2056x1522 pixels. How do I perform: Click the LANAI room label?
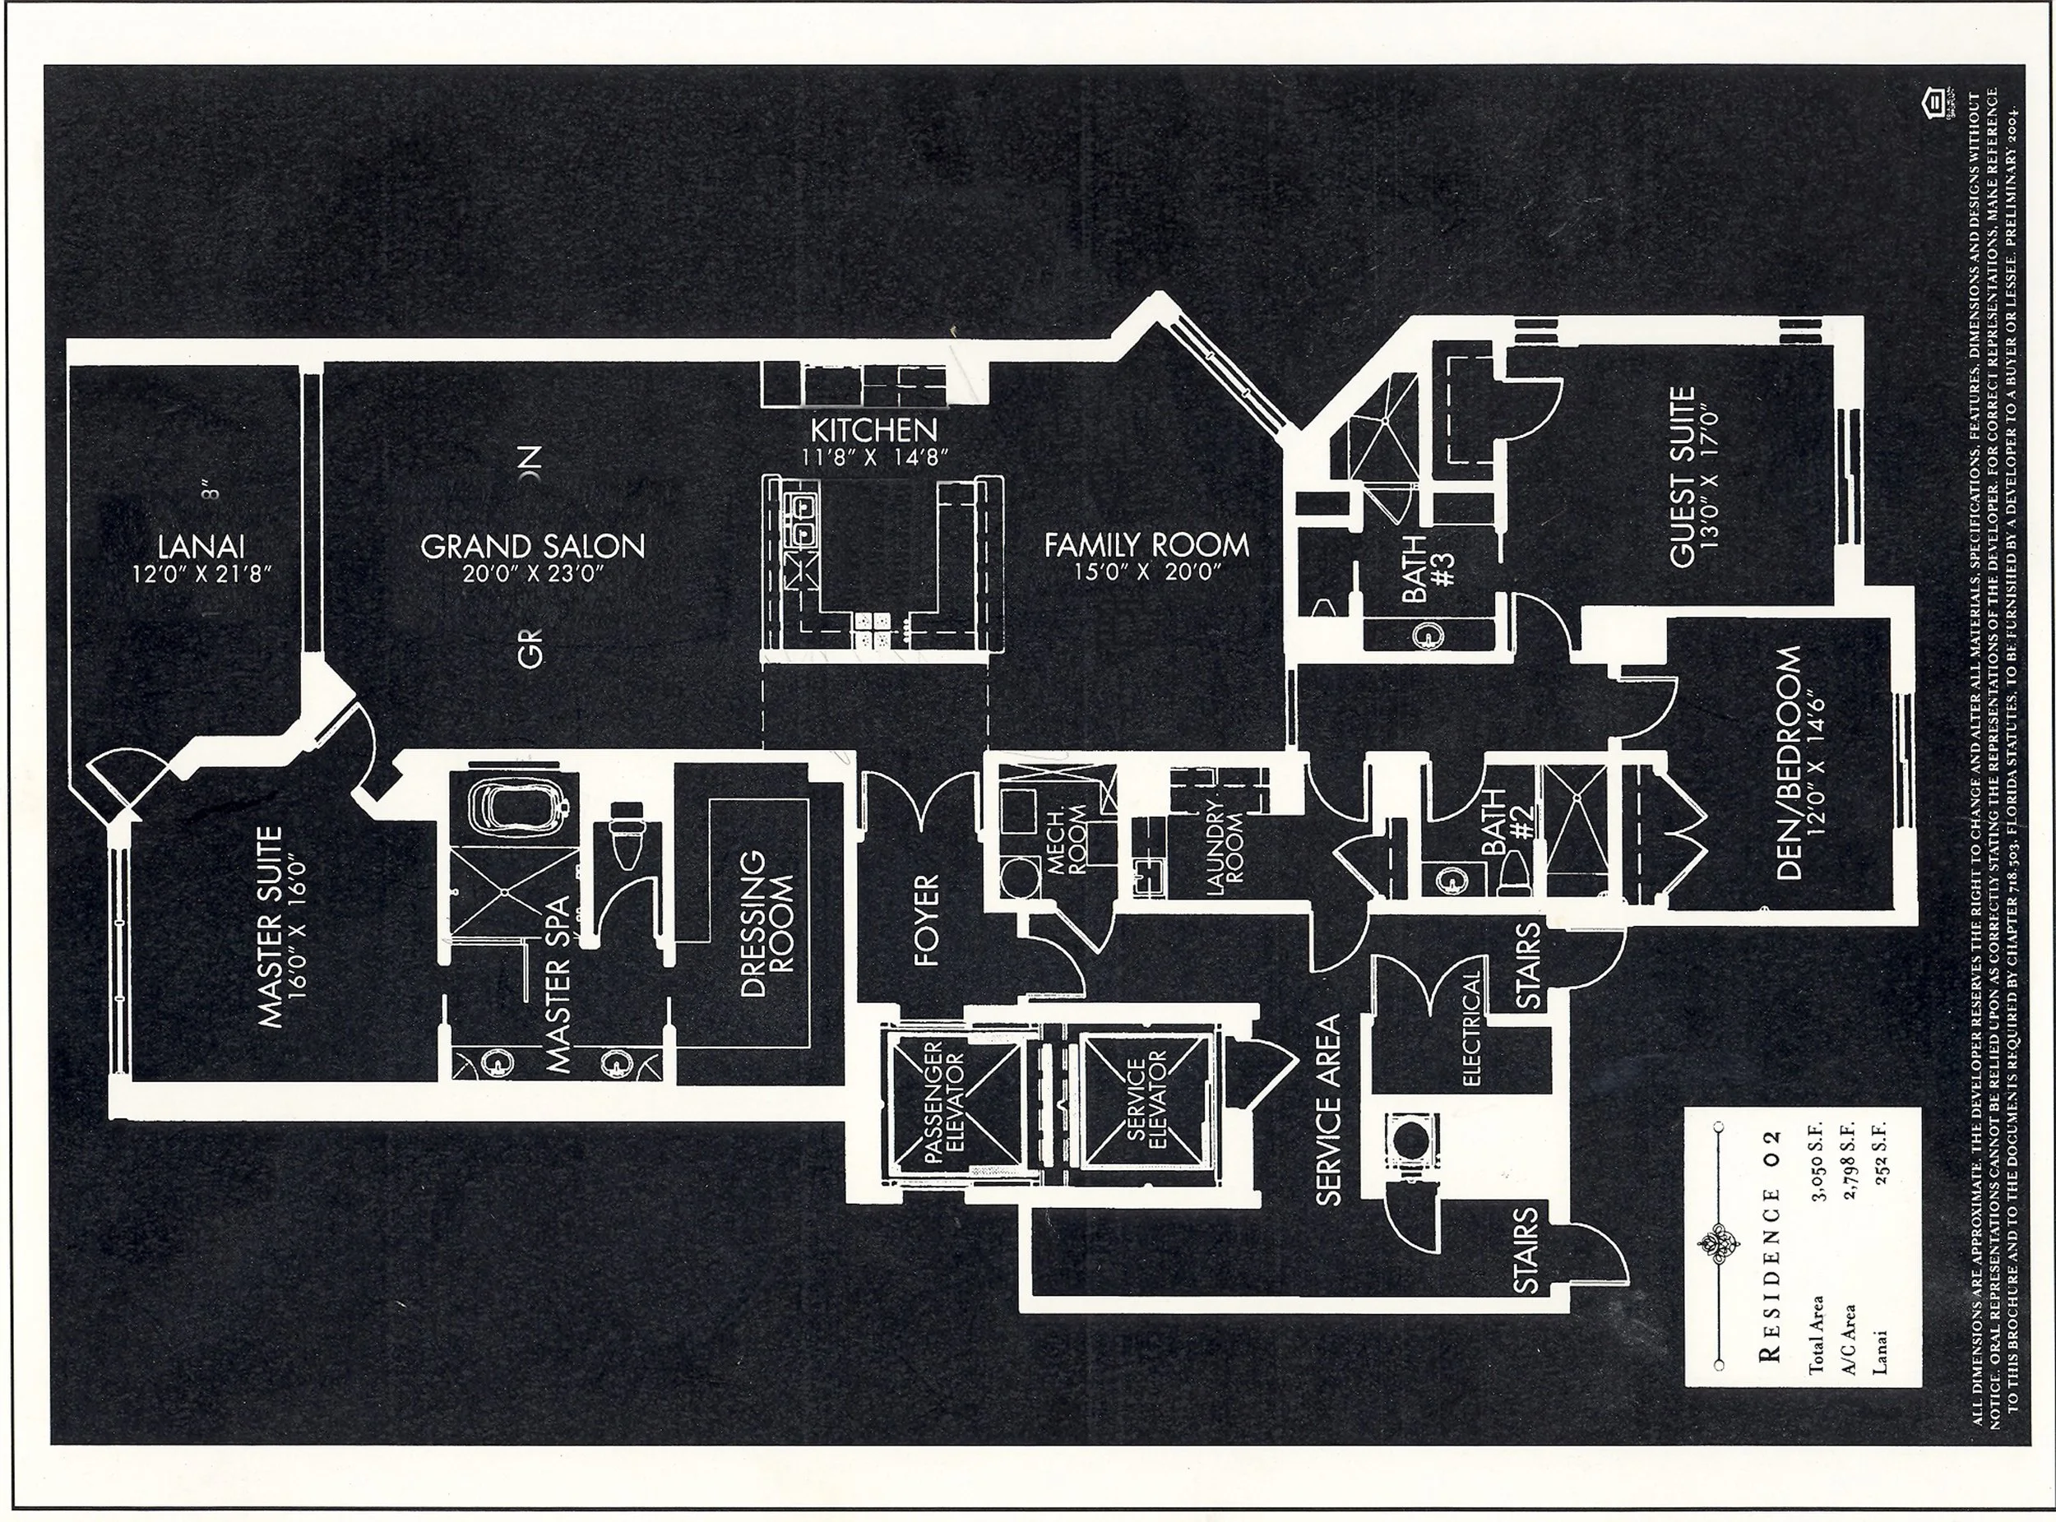(201, 545)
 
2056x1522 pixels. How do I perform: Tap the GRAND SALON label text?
(532, 546)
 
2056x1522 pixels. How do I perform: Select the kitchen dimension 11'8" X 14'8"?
(873, 457)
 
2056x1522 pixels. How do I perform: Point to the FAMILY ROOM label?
(1146, 545)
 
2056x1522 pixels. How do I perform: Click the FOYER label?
(925, 919)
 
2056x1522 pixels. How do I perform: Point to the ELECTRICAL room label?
(1470, 1028)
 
